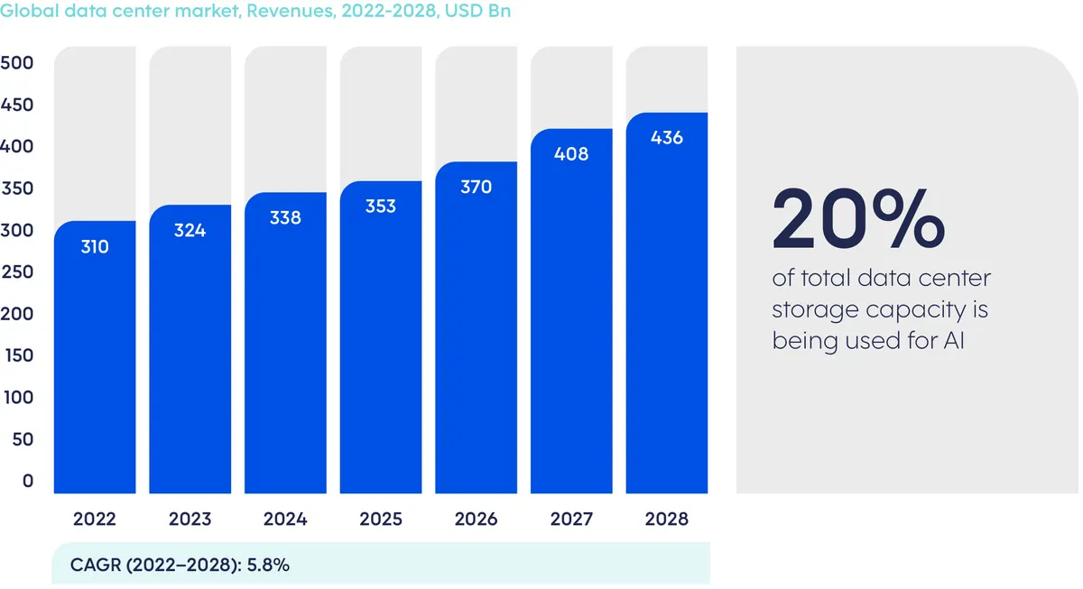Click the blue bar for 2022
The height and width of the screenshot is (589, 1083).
coord(95,361)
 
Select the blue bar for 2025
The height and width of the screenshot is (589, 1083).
coord(381,343)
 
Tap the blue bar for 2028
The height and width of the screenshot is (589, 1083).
coord(667,307)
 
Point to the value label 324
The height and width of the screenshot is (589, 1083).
coord(190,231)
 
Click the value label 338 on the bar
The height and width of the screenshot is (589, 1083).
coord(285,218)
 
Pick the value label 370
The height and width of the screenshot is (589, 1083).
coord(476,188)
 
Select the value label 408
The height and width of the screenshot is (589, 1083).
coord(571,154)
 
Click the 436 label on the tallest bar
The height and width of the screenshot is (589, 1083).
coord(667,138)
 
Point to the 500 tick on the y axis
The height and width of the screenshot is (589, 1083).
coord(17,63)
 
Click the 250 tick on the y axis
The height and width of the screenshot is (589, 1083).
coord(17,272)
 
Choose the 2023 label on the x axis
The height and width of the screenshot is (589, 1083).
coord(190,520)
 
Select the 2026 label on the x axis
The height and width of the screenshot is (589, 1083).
coord(476,520)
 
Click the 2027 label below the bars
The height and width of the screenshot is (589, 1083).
coord(571,520)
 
